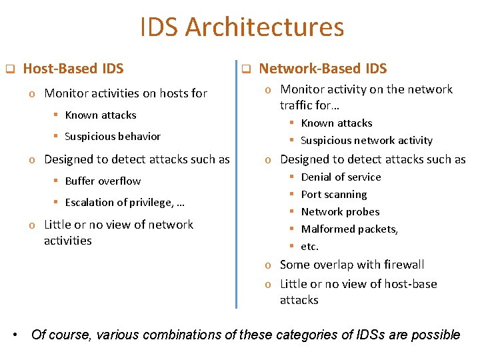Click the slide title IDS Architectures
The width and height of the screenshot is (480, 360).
[242, 27]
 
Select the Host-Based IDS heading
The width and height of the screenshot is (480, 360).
[73, 68]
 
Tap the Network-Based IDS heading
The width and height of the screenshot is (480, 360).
[323, 68]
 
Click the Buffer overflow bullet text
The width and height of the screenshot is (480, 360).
[103, 181]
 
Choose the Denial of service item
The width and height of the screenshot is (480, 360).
[341, 177]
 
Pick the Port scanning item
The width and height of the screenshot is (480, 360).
[333, 194]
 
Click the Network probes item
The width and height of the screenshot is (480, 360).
[340, 211]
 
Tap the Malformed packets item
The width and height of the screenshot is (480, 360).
[349, 229]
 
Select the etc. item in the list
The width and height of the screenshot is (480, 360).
[309, 246]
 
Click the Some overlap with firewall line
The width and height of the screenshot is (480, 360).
[352, 265]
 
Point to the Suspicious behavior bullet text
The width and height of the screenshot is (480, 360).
[113, 136]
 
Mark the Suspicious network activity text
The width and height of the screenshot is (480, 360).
[367, 140]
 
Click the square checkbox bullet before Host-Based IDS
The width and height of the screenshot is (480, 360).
[10, 69]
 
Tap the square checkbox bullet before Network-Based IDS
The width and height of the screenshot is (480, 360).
[245, 69]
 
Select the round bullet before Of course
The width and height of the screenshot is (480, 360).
[15, 334]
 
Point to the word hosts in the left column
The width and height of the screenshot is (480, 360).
[173, 93]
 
